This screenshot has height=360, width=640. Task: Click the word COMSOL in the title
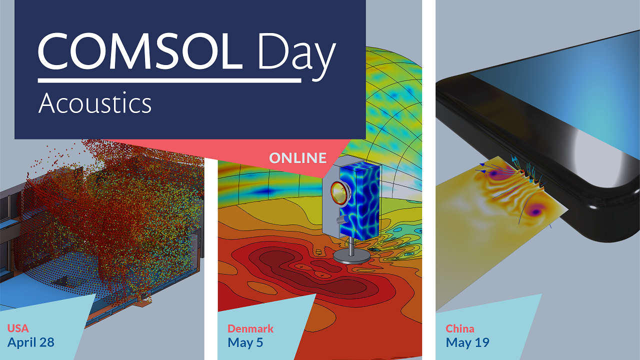140,51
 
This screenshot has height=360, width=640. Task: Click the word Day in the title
297,55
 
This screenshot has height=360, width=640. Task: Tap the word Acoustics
95,103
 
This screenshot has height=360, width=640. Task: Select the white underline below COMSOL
169,80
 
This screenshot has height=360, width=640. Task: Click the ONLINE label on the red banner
297,158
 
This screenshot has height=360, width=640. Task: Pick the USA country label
18,328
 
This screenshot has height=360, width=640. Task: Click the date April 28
31,342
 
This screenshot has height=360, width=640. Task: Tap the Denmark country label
250,328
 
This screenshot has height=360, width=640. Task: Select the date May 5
245,342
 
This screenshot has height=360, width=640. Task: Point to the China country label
460,328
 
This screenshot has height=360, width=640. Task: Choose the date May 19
467,342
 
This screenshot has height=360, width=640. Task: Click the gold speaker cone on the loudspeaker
338,193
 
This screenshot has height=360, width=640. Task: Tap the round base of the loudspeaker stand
351,257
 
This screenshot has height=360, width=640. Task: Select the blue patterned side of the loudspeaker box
360,200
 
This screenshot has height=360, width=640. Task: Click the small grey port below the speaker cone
341,219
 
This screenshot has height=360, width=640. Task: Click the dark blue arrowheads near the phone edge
482,168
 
